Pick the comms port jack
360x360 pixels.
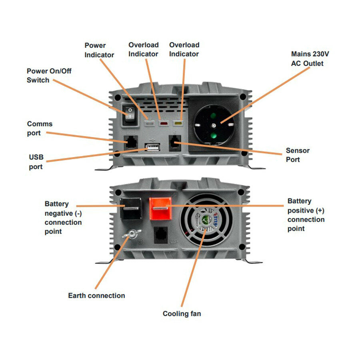pos(131,142)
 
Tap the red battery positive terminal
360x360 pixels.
pos(160,208)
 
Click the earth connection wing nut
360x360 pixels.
pos(130,234)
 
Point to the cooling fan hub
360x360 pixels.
pos(205,222)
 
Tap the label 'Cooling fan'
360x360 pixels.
pos(182,314)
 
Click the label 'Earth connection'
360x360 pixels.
pos(96,296)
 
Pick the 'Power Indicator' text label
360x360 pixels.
pos(99,50)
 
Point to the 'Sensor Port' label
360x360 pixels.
pos(297,155)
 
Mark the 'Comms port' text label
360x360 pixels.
pos(40,128)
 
